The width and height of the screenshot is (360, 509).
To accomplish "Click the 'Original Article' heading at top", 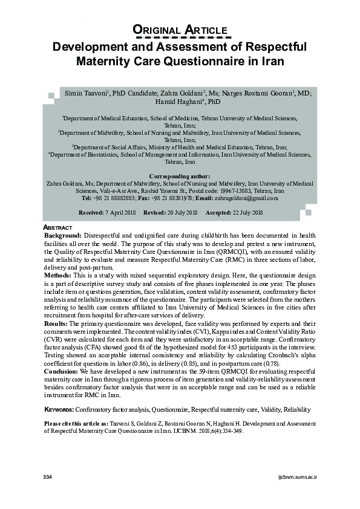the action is click(180, 30).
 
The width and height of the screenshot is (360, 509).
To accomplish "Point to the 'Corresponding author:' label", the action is click(180, 176).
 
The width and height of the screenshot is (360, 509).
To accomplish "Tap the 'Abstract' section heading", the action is click(59, 227).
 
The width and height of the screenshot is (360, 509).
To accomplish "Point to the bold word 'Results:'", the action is click(57, 324).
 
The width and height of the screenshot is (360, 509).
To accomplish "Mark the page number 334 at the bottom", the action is click(48, 478).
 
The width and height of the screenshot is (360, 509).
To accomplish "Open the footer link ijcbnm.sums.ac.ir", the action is click(297, 478).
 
